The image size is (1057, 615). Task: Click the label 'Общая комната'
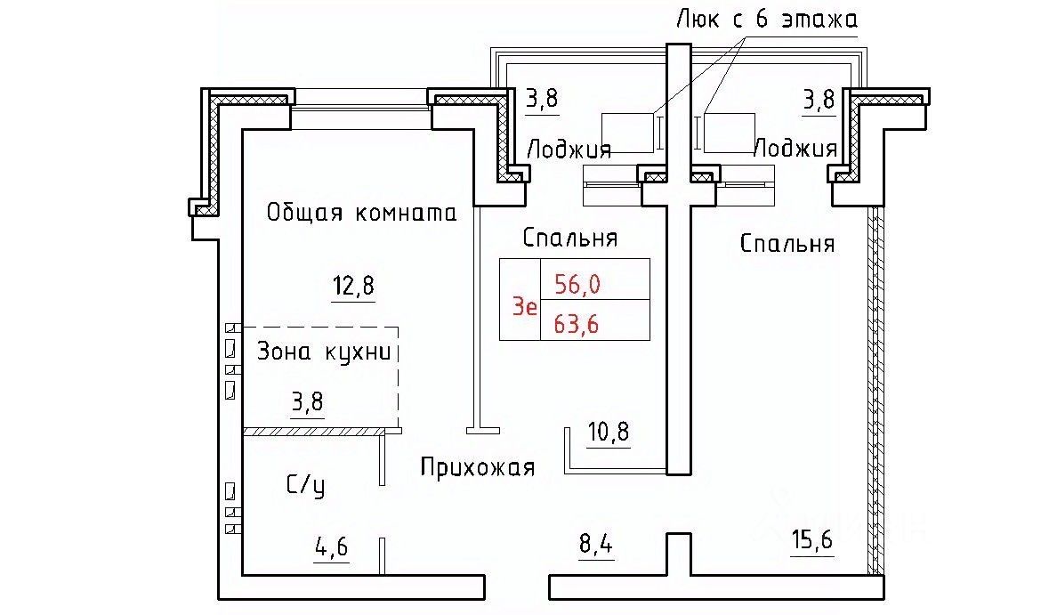click(361, 214)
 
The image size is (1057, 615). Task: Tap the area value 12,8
click(353, 287)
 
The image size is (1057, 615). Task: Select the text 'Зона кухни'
click(323, 352)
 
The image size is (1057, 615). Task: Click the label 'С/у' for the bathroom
click(304, 486)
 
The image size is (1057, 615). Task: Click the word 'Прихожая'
click(478, 467)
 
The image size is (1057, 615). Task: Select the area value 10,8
click(608, 433)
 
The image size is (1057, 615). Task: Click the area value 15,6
click(813, 540)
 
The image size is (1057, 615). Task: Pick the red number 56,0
click(577, 284)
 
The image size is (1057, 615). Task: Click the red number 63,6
click(577, 324)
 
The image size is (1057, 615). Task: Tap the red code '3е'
click(524, 307)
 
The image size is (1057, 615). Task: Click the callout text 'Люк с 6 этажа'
click(767, 18)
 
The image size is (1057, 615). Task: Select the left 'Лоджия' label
click(569, 149)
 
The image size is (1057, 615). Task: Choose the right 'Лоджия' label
click(795, 148)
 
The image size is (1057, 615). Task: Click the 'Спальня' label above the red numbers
click(570, 239)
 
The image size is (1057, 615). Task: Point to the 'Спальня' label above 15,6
click(787, 244)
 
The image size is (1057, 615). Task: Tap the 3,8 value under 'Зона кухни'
click(308, 403)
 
